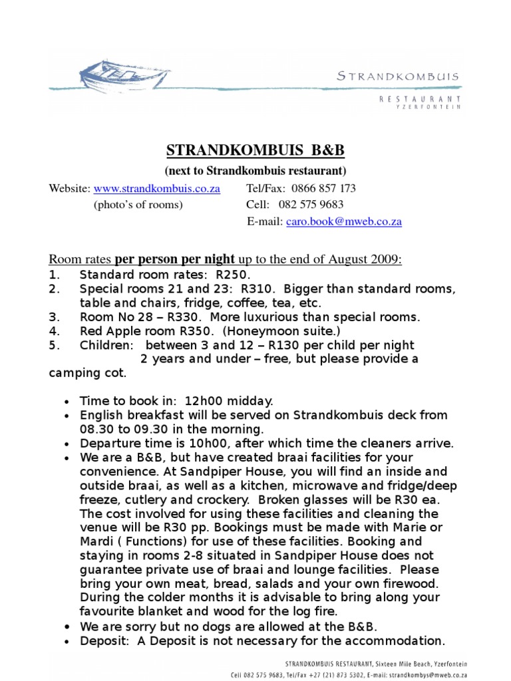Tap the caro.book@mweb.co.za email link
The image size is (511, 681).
[344, 222]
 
